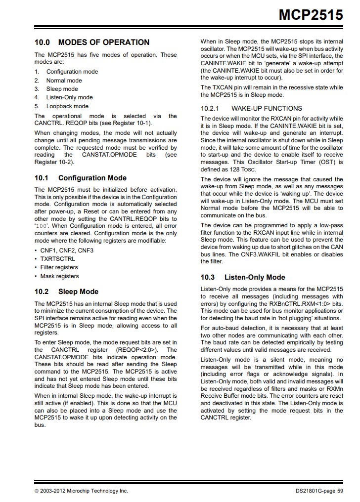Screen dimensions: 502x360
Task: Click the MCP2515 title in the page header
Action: pyautogui.click(x=311, y=15)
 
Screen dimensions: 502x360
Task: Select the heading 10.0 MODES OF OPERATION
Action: pyautogui.click(x=91, y=42)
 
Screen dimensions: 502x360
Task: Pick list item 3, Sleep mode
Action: pyautogui.click(x=62, y=89)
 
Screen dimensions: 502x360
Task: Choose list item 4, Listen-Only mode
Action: pyautogui.click(x=69, y=97)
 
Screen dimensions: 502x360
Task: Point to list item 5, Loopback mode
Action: pyautogui.click(x=67, y=106)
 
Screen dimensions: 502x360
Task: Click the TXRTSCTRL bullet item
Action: pyautogui.click(x=58, y=259)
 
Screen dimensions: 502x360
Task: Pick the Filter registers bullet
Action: pyautogui.click(x=59, y=267)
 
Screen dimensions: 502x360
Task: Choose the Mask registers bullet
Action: pyautogui.click(x=59, y=276)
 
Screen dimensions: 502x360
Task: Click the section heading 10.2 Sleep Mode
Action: pyautogui.click(x=66, y=292)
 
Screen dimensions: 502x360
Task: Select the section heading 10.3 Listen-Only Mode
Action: pyautogui.click(x=242, y=277)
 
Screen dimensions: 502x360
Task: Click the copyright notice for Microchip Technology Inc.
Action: pyautogui.click(x=81, y=491)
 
